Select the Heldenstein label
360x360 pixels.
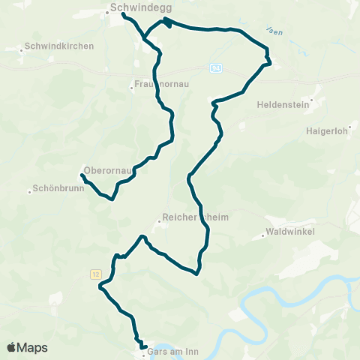[x=283, y=105]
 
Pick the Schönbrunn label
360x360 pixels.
[x=59, y=189]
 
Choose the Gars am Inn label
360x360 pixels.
[x=173, y=350]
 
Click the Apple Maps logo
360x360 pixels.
[x=28, y=347]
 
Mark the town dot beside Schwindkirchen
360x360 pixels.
[x=21, y=50]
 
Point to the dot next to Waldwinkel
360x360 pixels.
[x=263, y=236]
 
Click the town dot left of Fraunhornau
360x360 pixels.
[x=131, y=87]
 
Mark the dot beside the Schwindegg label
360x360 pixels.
[x=105, y=10]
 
